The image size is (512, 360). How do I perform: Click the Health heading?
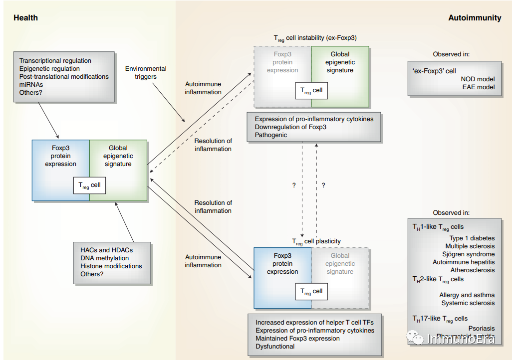click(25, 18)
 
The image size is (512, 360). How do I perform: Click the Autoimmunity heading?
click(475, 18)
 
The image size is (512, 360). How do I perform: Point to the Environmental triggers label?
click(146, 73)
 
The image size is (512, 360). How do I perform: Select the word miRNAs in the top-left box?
click(31, 85)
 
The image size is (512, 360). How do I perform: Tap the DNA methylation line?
click(104, 258)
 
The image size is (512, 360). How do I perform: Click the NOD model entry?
click(478, 79)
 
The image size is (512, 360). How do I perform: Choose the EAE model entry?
click(478, 87)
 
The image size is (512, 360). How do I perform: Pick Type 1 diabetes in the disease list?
click(472, 238)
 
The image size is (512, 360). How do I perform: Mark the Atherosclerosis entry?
click(473, 270)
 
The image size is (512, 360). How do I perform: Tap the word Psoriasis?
click(482, 329)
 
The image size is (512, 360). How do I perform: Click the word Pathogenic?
click(271, 135)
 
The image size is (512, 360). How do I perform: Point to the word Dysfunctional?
click(275, 347)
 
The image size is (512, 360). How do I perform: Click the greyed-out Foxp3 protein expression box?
click(282, 62)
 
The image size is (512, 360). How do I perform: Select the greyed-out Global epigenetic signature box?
click(340, 264)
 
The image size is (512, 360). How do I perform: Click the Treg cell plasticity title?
click(316, 242)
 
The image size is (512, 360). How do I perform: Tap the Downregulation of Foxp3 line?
click(290, 127)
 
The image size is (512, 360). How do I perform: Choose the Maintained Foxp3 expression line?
click(297, 339)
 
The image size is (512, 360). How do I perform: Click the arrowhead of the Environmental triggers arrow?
click(185, 121)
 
